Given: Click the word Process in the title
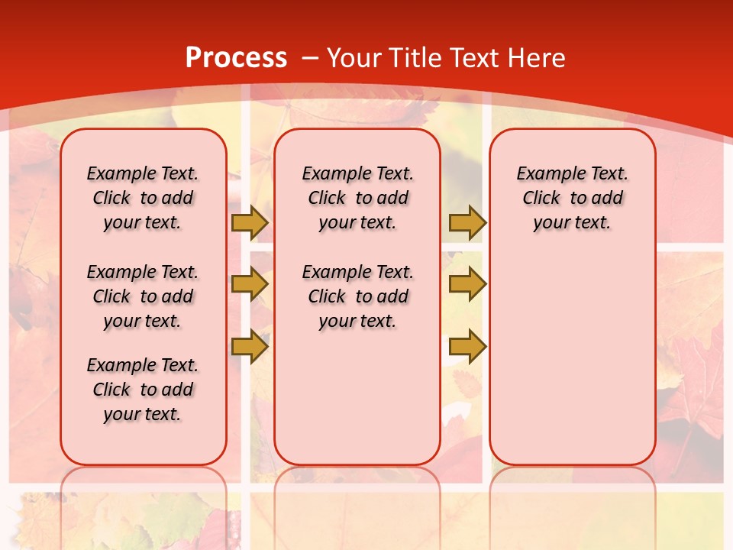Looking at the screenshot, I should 236,57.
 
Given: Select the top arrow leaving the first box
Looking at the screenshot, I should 249,222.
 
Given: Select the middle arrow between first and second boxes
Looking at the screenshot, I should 249,284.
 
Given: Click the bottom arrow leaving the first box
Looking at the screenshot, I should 249,347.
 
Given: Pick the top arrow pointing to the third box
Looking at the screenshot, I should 467,222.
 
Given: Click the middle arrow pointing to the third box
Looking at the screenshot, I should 467,284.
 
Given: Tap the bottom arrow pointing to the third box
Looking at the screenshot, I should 467,347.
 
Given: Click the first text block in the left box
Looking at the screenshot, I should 143,198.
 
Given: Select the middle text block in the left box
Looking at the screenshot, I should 143,296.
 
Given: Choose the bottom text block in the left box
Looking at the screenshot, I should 143,390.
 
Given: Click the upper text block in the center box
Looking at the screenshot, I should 357,198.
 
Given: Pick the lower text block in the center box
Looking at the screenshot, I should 357,296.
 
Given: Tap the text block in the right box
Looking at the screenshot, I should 572,198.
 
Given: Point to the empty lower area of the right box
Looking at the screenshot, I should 572,359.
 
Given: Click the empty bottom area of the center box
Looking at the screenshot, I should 357,405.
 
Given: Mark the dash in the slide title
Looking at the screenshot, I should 310,58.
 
